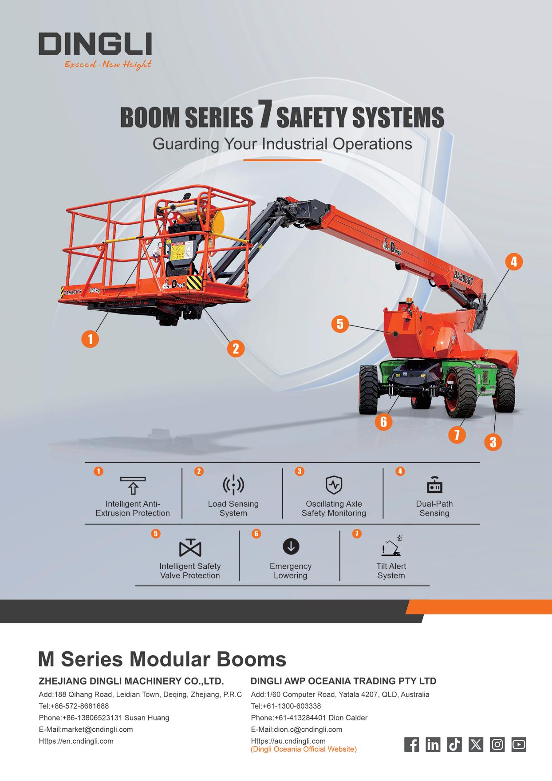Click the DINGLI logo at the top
pyautogui.click(x=95, y=44)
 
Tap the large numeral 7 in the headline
pyautogui.click(x=264, y=117)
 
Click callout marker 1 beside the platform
pyautogui.click(x=90, y=339)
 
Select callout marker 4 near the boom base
pyautogui.click(x=513, y=262)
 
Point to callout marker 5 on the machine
pyautogui.click(x=340, y=324)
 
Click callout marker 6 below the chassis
pyautogui.click(x=383, y=421)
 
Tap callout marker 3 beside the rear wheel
pyautogui.click(x=493, y=442)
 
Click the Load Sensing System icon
pyautogui.click(x=233, y=485)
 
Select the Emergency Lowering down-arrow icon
pyautogui.click(x=291, y=547)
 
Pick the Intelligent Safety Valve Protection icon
pyautogui.click(x=190, y=548)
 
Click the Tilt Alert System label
pyautogui.click(x=391, y=571)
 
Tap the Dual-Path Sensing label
pyautogui.click(x=434, y=508)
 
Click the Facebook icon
pyautogui.click(x=411, y=745)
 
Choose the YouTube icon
pyautogui.click(x=519, y=745)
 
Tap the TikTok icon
pyautogui.click(x=454, y=745)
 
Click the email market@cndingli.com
pyautogui.click(x=86, y=729)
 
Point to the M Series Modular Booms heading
pyautogui.click(x=162, y=659)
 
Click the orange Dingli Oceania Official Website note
pyautogui.click(x=304, y=749)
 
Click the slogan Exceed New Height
pyautogui.click(x=108, y=65)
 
